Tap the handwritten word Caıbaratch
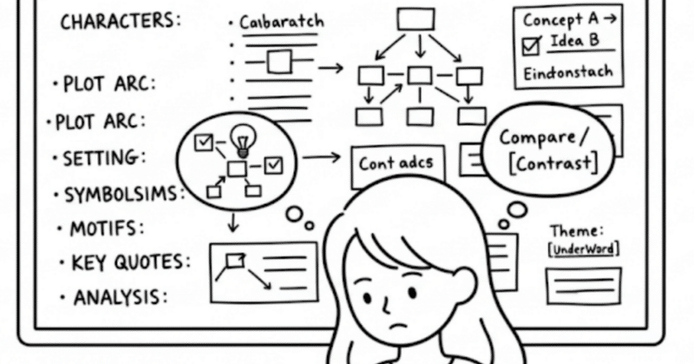(x=278, y=23)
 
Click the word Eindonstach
(x=568, y=72)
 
